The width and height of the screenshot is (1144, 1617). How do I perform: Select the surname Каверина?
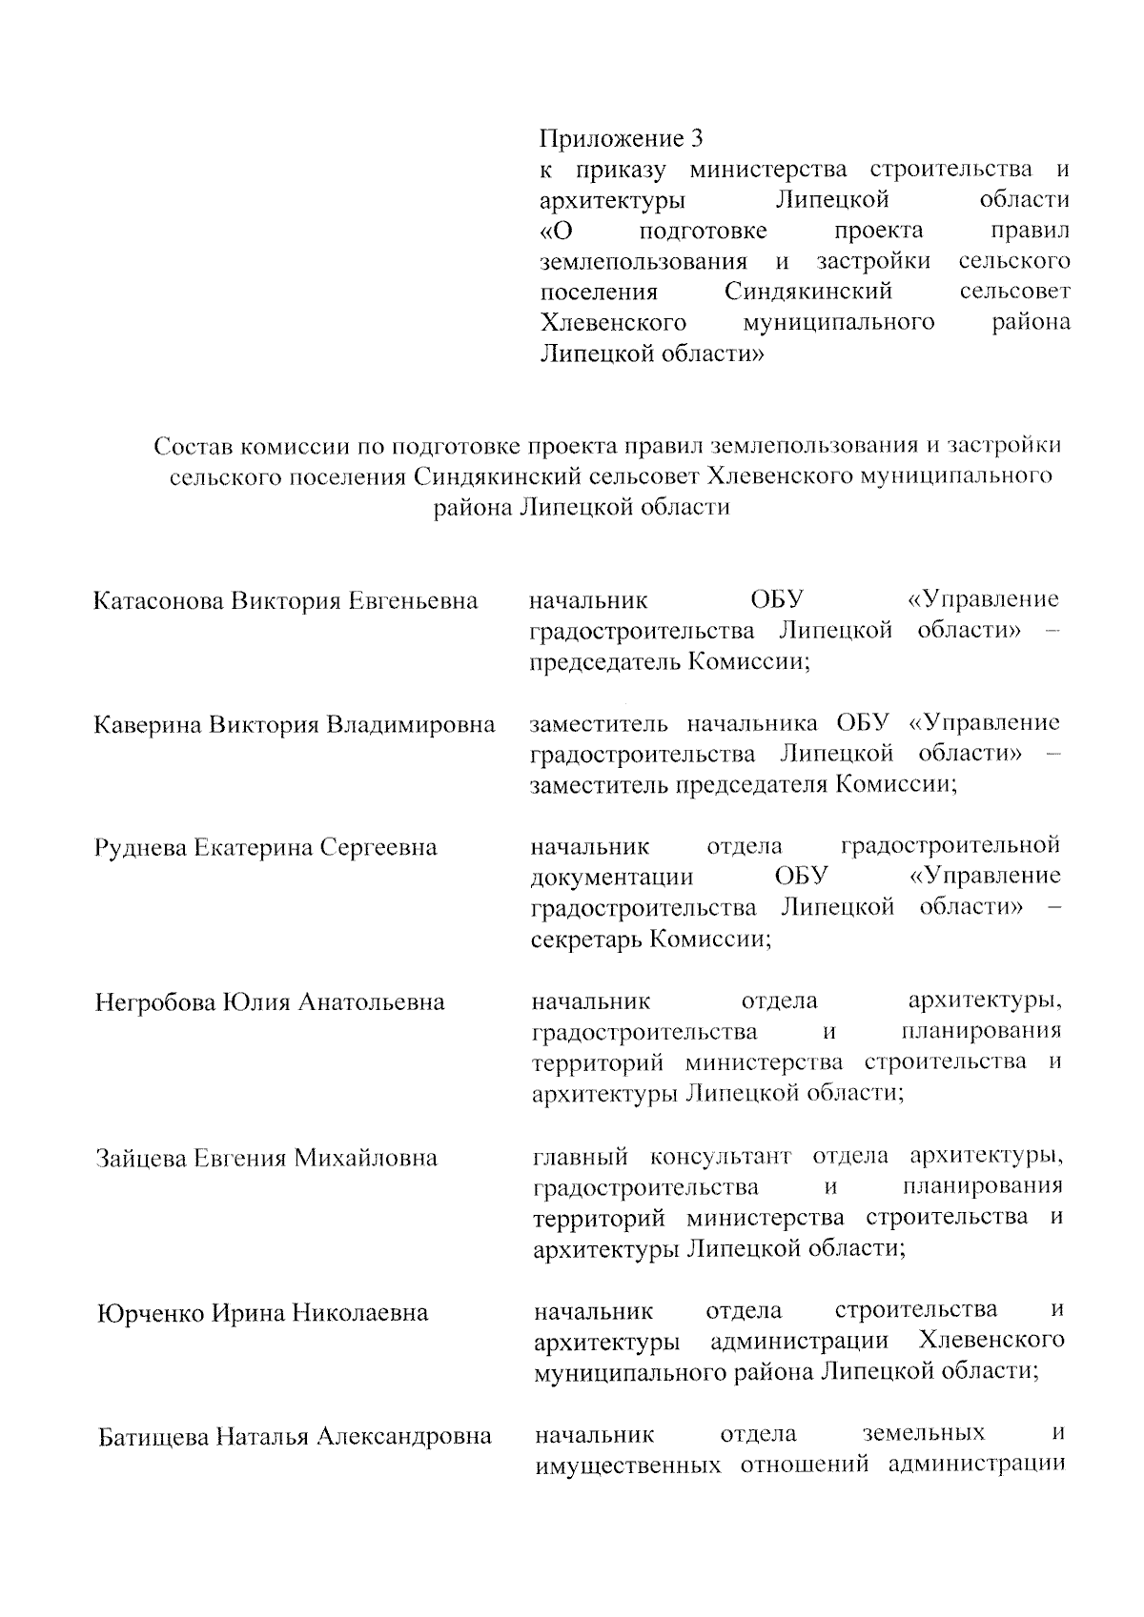coord(148,725)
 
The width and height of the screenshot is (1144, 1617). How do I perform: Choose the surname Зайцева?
coord(142,1159)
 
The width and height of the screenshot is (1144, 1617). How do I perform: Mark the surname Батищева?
coord(153,1436)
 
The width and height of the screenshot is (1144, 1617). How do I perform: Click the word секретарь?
coord(586,940)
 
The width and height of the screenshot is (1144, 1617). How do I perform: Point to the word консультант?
coord(721,1157)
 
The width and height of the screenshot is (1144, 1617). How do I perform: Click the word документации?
coord(612,878)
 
